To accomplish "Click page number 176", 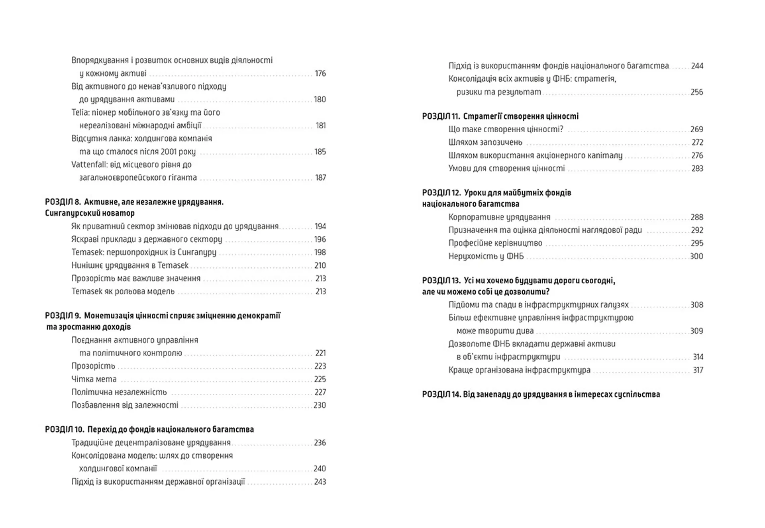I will point(320,73).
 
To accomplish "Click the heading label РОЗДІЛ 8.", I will point(63,202).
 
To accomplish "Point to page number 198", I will point(320,252).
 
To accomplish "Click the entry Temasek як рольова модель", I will point(123,291).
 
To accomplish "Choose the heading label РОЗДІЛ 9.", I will point(63,316).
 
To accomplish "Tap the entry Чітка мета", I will point(94,379).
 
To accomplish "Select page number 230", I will point(320,405).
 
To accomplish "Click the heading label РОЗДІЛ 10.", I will point(65,430).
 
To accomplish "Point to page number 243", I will point(320,482).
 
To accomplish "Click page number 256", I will point(697,92).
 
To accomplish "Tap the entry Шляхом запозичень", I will point(485,142).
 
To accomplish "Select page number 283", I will point(697,169).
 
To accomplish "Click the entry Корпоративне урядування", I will point(499,217).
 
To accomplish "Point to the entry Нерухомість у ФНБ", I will point(486,256).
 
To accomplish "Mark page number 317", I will point(698,370).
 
